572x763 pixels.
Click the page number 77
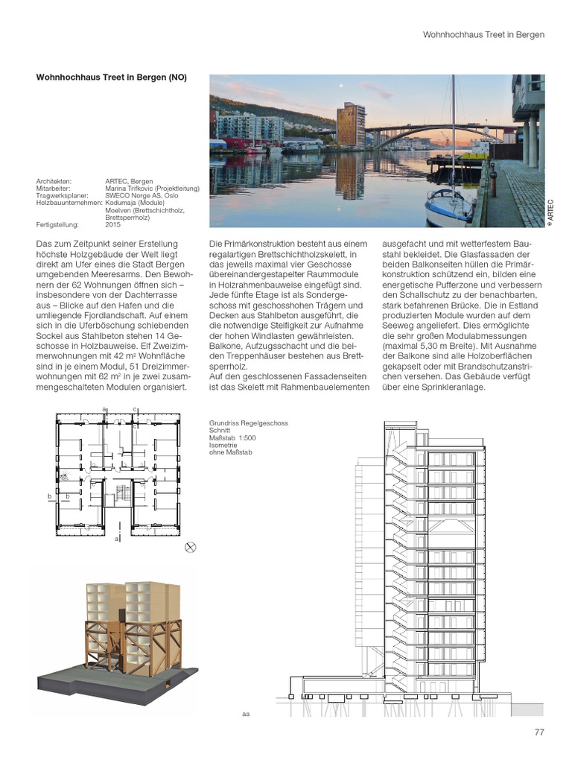[539, 732]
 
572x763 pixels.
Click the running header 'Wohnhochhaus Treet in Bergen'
[483, 34]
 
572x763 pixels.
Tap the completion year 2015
[112, 224]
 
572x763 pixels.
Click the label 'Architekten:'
[54, 181]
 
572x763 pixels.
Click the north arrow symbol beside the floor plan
[190, 547]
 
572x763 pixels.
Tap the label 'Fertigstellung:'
[57, 224]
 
